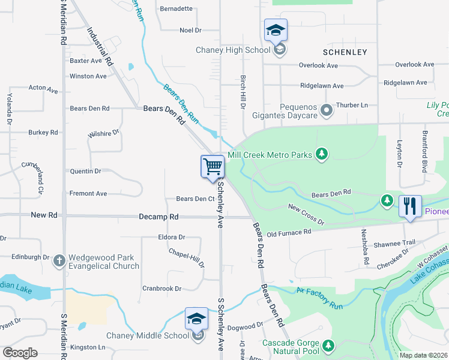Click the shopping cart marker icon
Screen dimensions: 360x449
pos(212,166)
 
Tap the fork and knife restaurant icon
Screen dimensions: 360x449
pos(410,206)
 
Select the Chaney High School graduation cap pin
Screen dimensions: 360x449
pos(276,29)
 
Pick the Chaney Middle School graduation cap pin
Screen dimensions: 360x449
pos(196,319)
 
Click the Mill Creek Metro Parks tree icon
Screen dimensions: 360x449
pos(322,155)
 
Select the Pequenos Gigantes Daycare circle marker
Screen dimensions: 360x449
pos(326,110)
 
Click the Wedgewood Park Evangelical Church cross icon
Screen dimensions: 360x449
pos(59,261)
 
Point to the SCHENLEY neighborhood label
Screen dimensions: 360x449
pos(345,52)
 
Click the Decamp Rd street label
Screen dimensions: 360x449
pos(158,217)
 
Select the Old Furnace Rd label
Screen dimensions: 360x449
pos(289,232)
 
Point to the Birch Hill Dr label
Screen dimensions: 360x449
pos(244,92)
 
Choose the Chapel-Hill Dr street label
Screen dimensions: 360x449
pos(186,259)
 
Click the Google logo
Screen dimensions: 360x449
pos(20,353)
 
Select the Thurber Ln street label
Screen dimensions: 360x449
pos(352,105)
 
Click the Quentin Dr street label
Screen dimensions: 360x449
pos(86,171)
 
